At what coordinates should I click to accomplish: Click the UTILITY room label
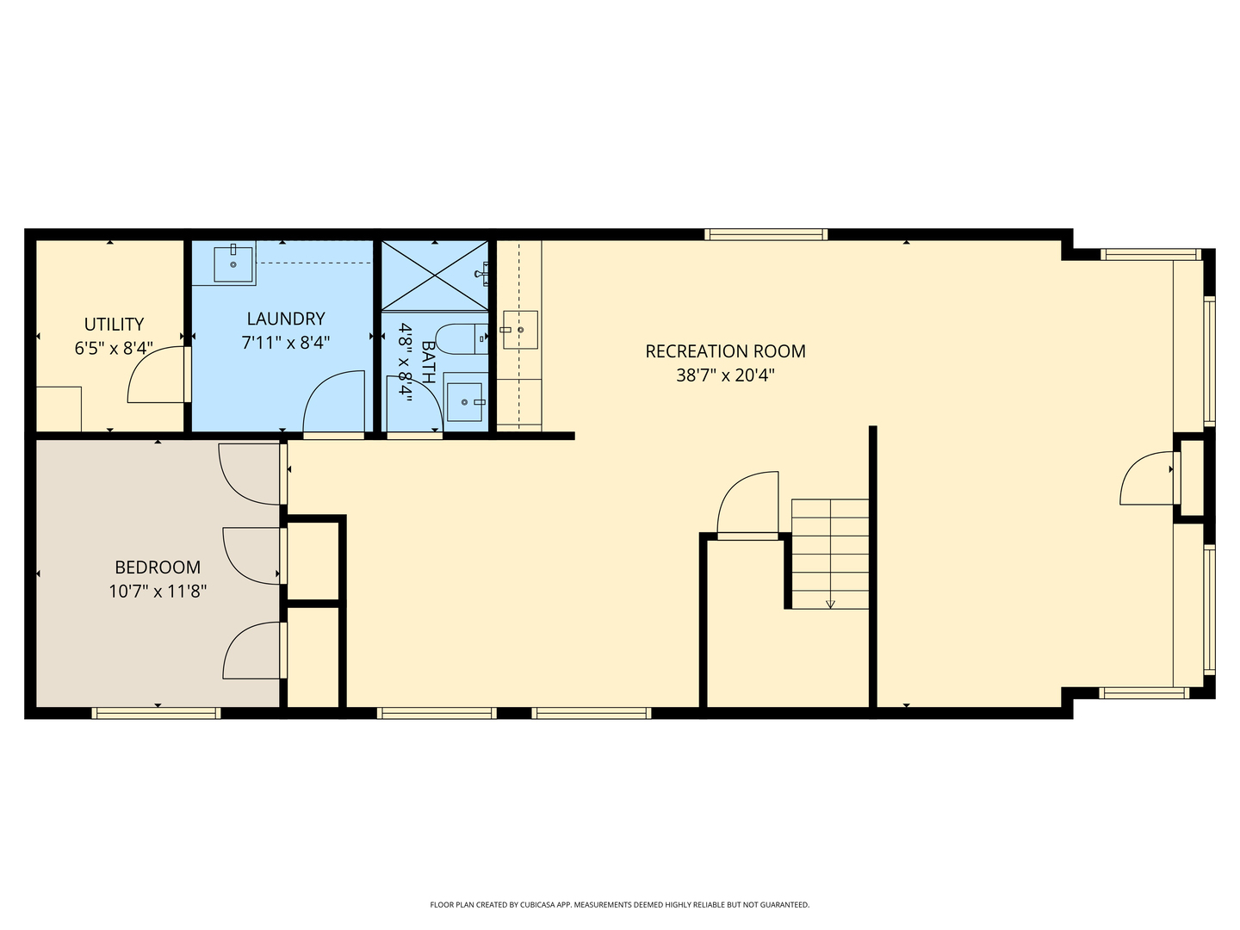(x=115, y=324)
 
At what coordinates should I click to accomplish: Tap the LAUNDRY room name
(x=286, y=319)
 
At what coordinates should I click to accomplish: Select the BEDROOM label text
(x=158, y=567)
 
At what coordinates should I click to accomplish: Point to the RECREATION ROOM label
(x=725, y=351)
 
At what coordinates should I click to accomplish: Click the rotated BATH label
(x=429, y=362)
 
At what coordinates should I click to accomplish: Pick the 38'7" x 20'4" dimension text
(x=725, y=375)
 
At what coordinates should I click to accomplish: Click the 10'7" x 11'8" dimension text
(x=158, y=592)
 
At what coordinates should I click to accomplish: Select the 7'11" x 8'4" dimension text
(x=286, y=343)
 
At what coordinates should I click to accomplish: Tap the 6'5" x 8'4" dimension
(x=115, y=349)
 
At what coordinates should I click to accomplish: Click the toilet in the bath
(x=462, y=338)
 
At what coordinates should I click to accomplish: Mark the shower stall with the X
(x=435, y=276)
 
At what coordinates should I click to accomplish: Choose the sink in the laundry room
(x=232, y=263)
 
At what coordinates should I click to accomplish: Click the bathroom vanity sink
(x=465, y=402)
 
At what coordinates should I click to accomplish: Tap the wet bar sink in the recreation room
(x=520, y=330)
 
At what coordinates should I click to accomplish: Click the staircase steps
(x=830, y=554)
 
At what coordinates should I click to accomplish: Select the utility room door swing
(x=157, y=375)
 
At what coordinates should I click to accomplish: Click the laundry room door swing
(x=334, y=401)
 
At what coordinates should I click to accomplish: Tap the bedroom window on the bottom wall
(x=157, y=713)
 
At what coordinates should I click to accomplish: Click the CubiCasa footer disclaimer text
(x=620, y=905)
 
